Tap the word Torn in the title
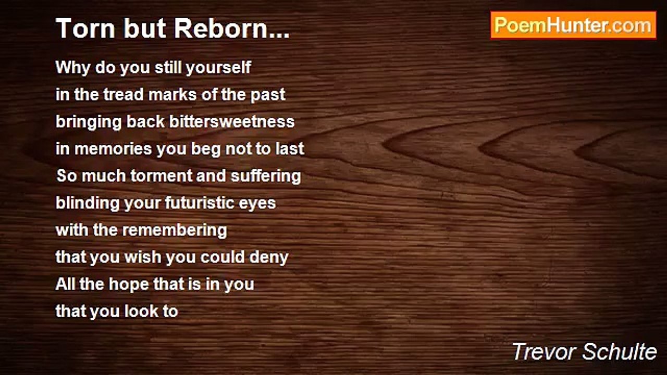click(85, 29)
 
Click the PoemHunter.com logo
click(574, 26)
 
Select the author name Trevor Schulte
click(585, 352)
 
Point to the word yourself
click(218, 67)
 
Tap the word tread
click(123, 95)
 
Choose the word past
click(268, 95)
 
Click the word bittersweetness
click(232, 122)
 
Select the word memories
click(113, 149)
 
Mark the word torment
click(161, 176)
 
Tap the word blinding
click(88, 203)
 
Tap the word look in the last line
click(141, 311)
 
